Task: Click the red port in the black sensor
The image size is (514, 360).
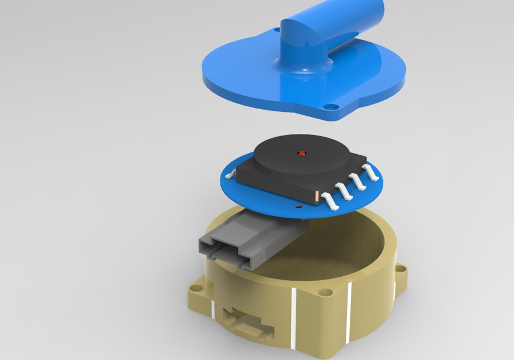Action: coord(301,152)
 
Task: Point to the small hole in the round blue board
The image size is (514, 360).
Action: coord(298,206)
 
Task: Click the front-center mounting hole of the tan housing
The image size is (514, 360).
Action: coord(325,292)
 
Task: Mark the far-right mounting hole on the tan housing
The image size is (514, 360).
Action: coord(402,269)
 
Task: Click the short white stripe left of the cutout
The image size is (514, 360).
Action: coord(213,308)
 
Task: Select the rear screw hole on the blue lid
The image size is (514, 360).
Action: coord(276,29)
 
